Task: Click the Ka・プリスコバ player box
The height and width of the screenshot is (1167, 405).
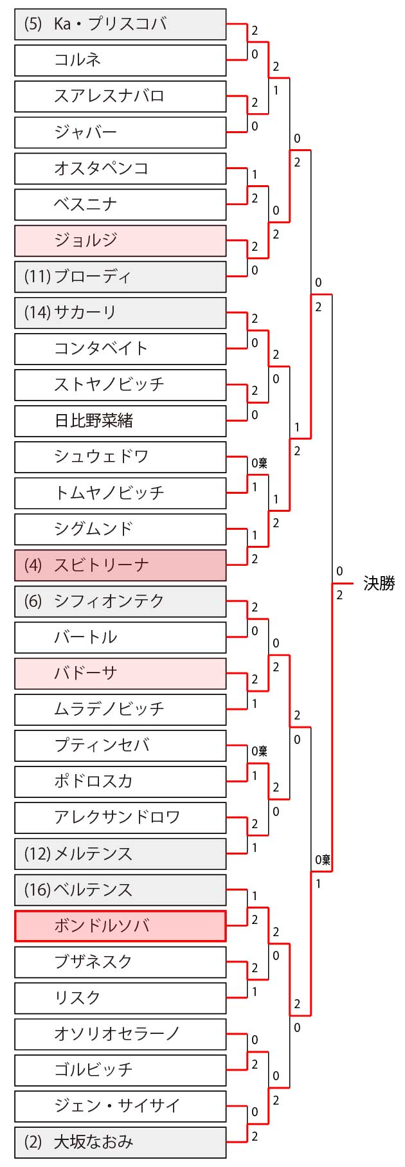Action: click(x=120, y=24)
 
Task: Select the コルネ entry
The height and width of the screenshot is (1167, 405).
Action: click(x=120, y=60)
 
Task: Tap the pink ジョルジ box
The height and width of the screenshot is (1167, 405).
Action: click(x=120, y=240)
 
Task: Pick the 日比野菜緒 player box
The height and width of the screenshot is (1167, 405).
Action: click(x=120, y=421)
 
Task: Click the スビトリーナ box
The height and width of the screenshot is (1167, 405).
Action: click(x=120, y=565)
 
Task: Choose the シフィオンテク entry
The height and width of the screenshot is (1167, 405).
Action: click(x=120, y=601)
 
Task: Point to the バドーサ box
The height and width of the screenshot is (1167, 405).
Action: click(x=120, y=673)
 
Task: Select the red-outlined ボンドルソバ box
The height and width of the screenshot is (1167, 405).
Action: click(x=120, y=926)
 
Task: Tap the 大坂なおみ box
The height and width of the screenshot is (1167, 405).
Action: click(x=120, y=1142)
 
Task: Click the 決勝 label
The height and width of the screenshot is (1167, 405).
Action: click(x=379, y=583)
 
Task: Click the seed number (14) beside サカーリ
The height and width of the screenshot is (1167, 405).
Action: click(x=37, y=312)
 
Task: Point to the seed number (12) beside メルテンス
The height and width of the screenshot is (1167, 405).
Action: click(x=37, y=854)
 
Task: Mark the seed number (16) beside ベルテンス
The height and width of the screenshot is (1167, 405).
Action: click(x=37, y=890)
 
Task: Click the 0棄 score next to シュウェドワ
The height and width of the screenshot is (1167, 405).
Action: click(x=259, y=463)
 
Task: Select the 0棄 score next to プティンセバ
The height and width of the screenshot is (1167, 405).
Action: click(x=259, y=751)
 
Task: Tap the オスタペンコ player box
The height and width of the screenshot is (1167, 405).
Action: click(x=120, y=168)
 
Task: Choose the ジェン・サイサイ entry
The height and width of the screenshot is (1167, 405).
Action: click(x=120, y=1106)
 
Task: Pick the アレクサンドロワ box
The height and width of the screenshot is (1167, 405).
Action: click(x=120, y=817)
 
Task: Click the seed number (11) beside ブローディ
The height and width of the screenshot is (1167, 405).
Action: click(x=37, y=276)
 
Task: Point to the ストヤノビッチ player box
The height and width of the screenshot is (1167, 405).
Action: click(x=120, y=384)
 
